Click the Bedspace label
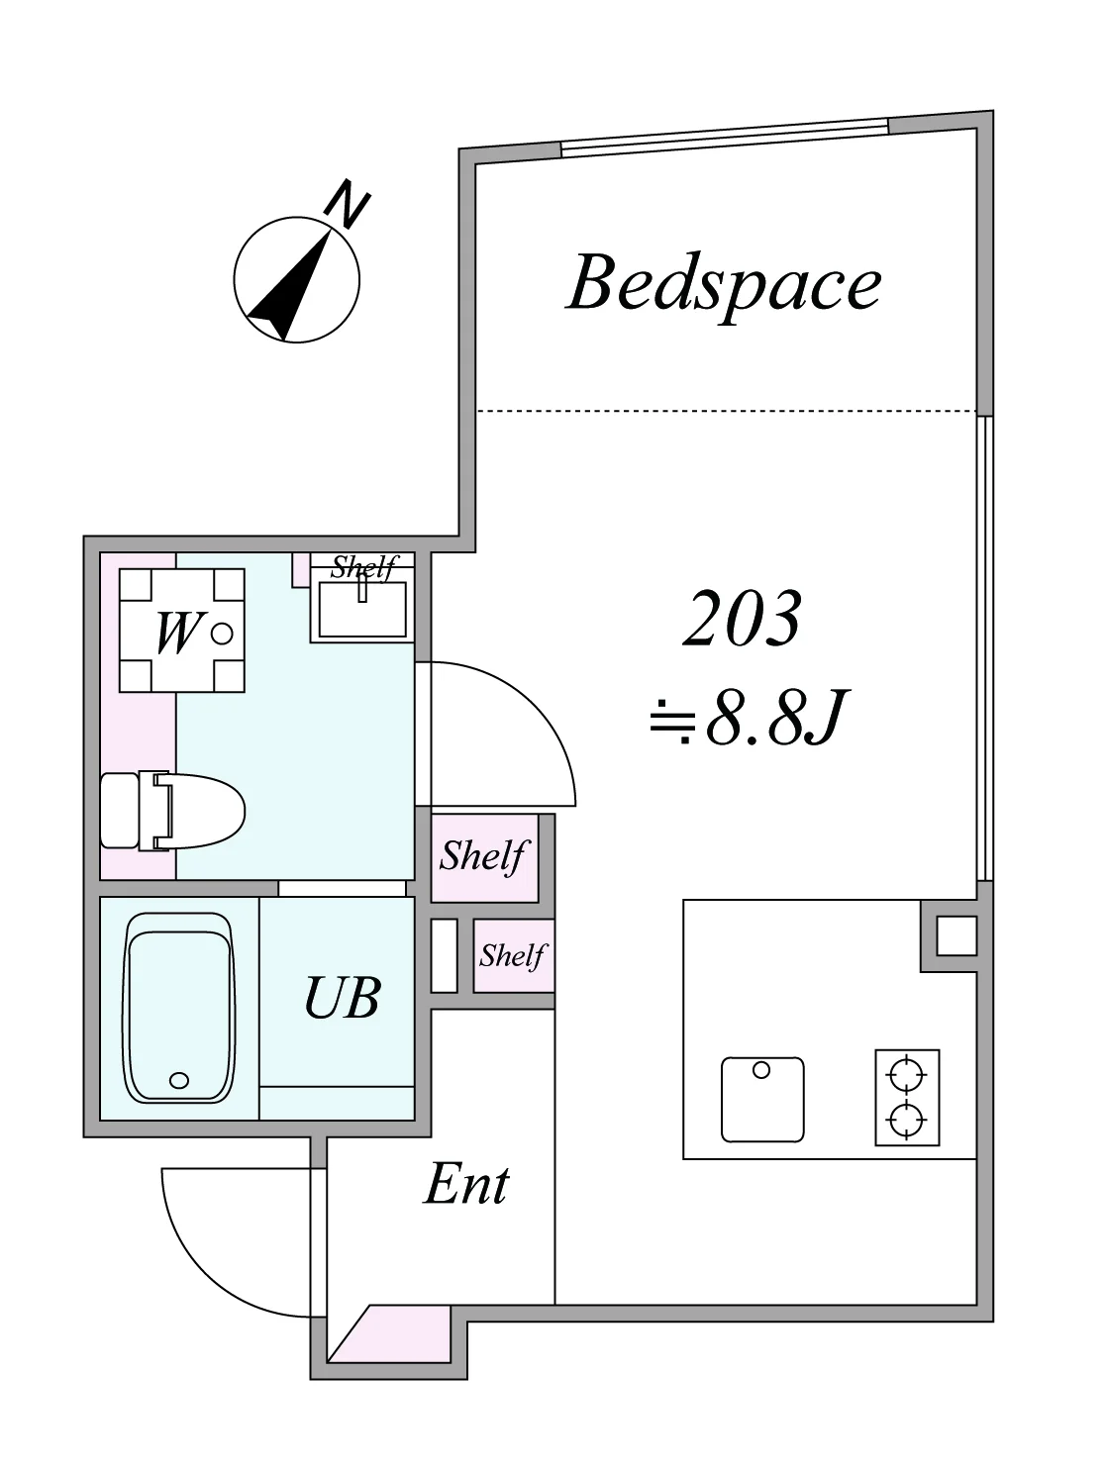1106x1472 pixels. coord(724,286)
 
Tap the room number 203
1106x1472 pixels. coord(743,618)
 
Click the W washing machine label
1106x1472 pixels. coord(177,633)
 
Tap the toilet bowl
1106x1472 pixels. coord(199,812)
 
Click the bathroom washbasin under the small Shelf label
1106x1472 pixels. coord(362,608)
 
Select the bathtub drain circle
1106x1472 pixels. coord(179,1080)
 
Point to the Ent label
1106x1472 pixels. coord(466,1184)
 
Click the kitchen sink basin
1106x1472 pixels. coord(762,1099)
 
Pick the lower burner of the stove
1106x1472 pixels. coord(907,1119)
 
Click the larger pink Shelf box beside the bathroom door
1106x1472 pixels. coord(484,858)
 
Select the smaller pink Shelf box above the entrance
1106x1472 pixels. coord(514,955)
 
